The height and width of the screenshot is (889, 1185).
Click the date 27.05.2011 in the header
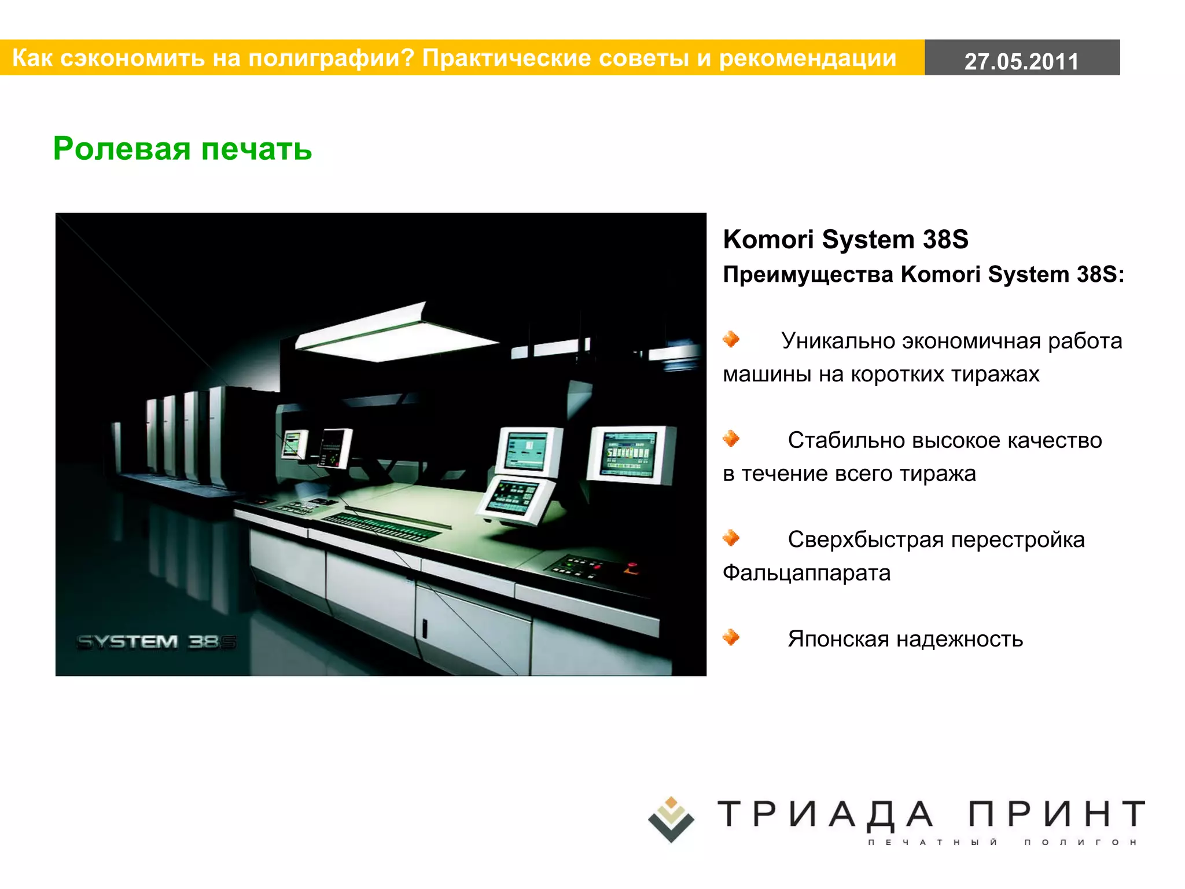tap(1021, 61)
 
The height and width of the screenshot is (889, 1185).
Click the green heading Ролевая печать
tap(182, 149)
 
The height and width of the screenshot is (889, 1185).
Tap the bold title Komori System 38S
tap(845, 239)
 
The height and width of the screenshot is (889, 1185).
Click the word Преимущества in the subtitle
tap(808, 274)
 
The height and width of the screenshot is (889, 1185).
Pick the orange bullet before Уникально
tap(731, 339)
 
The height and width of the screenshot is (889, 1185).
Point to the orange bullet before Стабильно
tap(731, 439)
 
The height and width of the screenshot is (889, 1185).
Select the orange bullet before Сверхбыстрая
tap(731, 538)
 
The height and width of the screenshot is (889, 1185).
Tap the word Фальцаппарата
tap(807, 573)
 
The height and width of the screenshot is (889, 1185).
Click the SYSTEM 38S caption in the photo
tap(156, 642)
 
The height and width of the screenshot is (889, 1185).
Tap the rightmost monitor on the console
tap(631, 454)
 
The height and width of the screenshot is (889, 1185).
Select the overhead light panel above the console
tap(393, 336)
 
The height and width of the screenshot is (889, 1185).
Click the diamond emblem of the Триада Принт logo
tap(671, 819)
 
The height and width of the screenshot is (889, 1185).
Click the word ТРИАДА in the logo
tap(825, 814)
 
